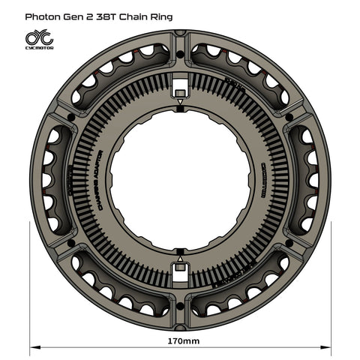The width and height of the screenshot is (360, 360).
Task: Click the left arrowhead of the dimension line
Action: coord(35,347)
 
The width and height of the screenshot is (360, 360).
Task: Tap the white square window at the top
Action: coord(180,84)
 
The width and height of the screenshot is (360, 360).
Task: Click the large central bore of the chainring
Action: coord(180,180)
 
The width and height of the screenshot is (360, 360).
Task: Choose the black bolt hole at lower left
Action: coord(71,243)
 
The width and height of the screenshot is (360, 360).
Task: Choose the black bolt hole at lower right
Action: coord(289,243)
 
